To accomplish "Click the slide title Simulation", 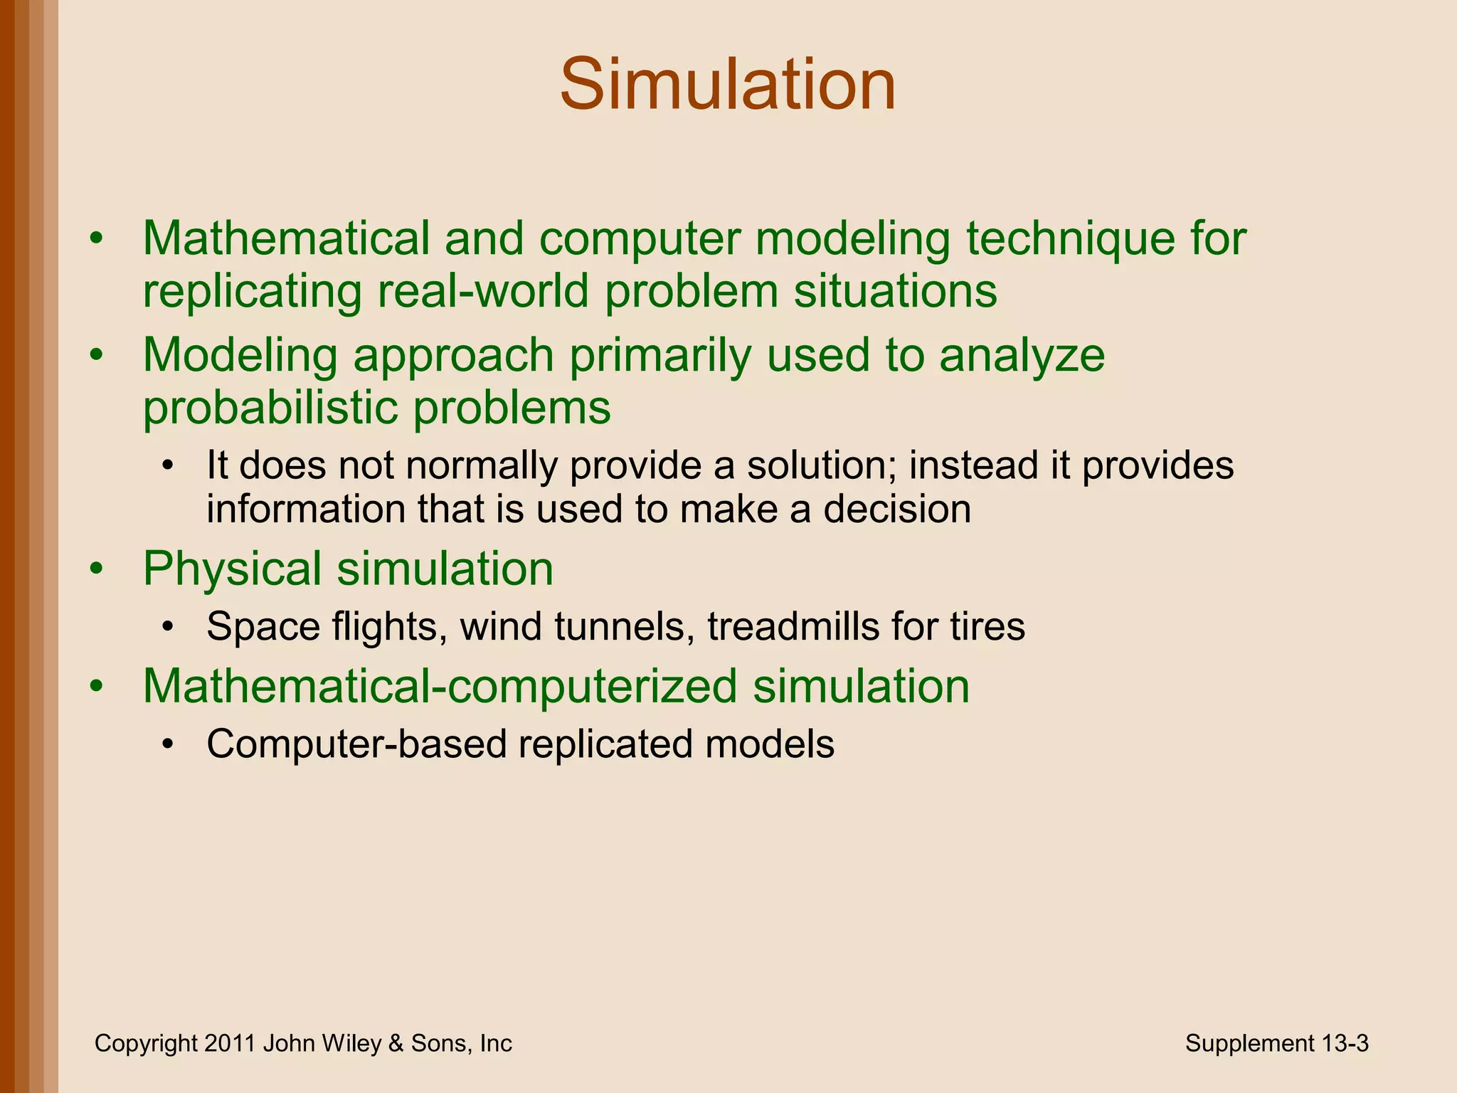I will point(728,85).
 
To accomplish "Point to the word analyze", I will point(1022,355).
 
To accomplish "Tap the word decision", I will point(897,509).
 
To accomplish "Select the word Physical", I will point(232,569).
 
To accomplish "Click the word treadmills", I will point(785,627).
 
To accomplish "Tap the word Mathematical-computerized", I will point(440,686).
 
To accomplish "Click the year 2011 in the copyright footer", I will point(230,1043).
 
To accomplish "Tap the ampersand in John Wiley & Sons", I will point(395,1043).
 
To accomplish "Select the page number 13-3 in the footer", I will point(1345,1043).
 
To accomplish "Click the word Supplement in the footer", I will point(1249,1043).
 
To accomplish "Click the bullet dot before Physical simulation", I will point(97,569).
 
